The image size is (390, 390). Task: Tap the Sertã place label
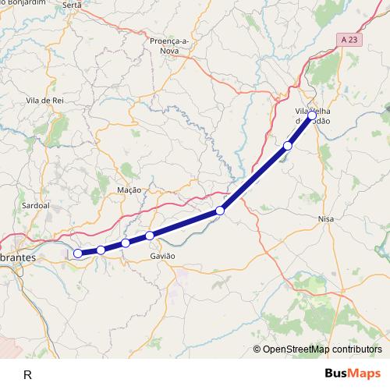72,5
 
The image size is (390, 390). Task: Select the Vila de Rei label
44,101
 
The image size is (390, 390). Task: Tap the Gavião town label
162,256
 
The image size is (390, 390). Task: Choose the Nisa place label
327,219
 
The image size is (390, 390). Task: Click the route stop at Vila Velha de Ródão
312,115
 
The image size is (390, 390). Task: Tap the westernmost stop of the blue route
78,253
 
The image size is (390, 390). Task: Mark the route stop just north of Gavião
150,236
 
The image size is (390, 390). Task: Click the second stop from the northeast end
288,146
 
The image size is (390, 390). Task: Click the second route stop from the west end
101,250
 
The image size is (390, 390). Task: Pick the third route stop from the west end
126,243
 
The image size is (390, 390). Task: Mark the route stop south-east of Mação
221,211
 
